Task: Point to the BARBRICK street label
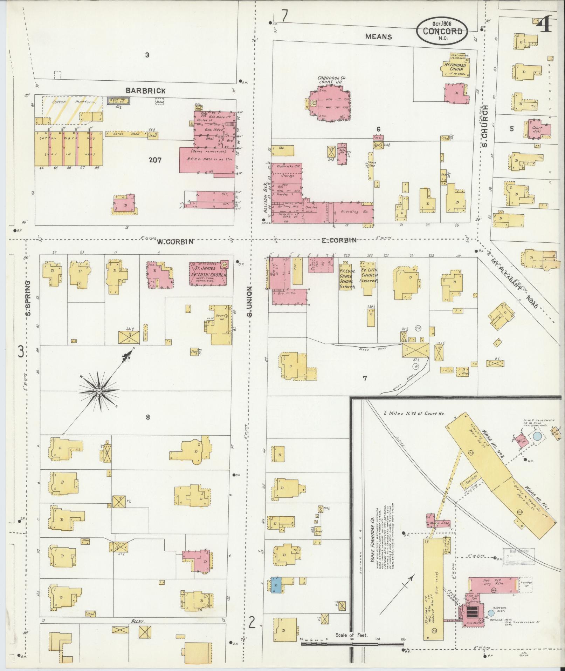(x=146, y=91)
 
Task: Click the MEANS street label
(x=378, y=36)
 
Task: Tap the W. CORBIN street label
(x=175, y=241)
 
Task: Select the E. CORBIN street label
(x=339, y=240)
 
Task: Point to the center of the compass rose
(x=99, y=391)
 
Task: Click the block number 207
(x=155, y=160)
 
